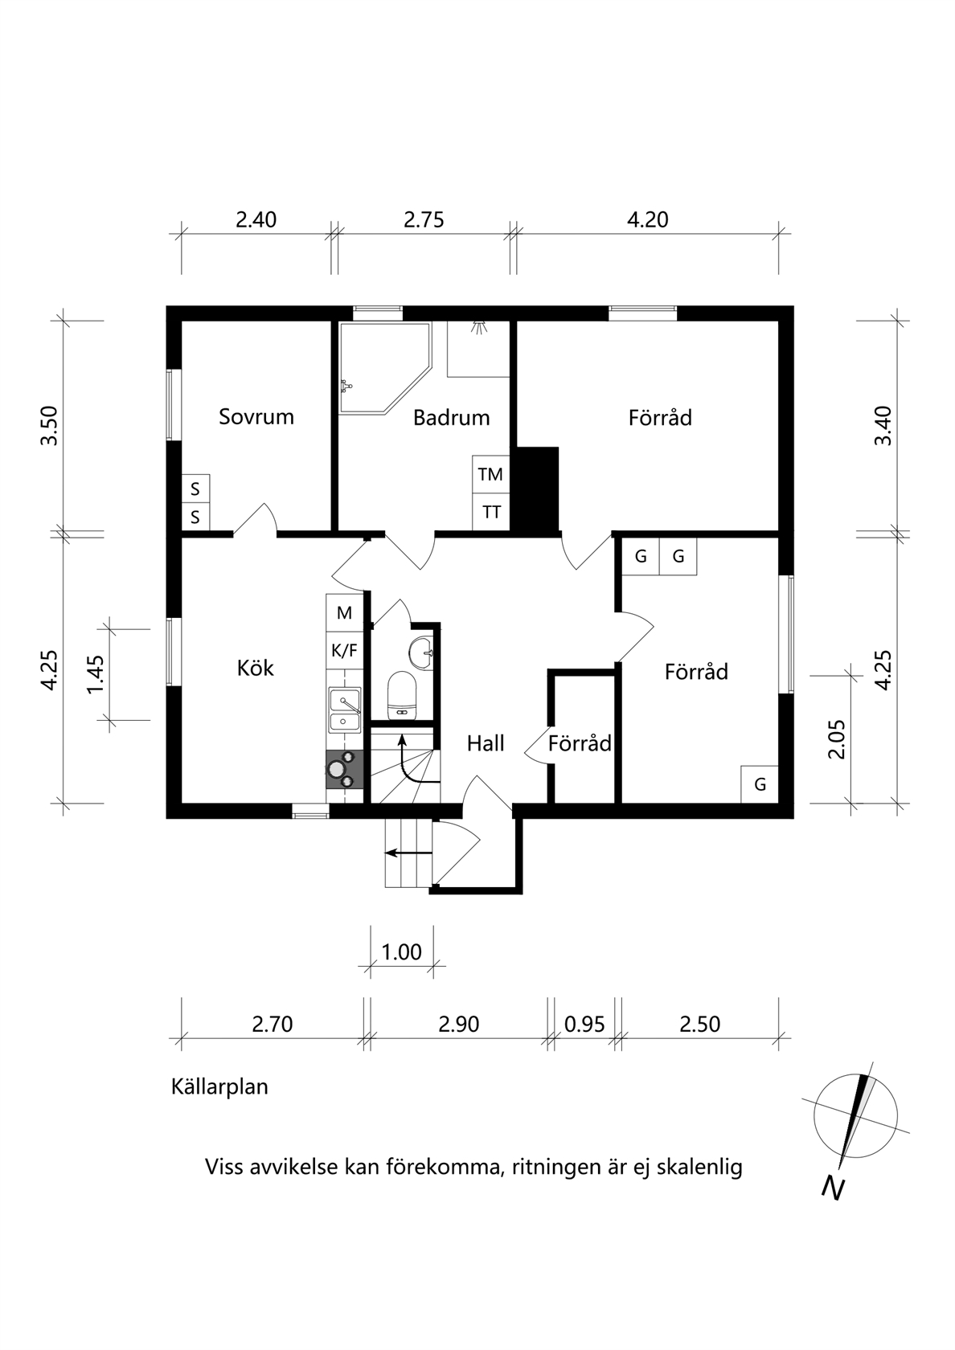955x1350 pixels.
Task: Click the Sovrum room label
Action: pyautogui.click(x=256, y=417)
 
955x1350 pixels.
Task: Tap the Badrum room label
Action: pyautogui.click(x=451, y=418)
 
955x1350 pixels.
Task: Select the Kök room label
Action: pyautogui.click(x=255, y=668)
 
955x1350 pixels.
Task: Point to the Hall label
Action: pyautogui.click(x=486, y=744)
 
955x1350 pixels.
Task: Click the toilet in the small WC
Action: pyautogui.click(x=402, y=696)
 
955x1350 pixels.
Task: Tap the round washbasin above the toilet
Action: pyautogui.click(x=421, y=653)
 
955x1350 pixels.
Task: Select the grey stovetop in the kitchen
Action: pyautogui.click(x=344, y=770)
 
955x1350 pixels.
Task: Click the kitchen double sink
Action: pyautogui.click(x=344, y=710)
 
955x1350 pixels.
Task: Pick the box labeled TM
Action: pyautogui.click(x=490, y=474)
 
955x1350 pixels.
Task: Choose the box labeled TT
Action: pyautogui.click(x=490, y=513)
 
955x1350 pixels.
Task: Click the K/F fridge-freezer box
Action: pyautogui.click(x=344, y=650)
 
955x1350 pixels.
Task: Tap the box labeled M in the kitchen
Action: pyautogui.click(x=344, y=613)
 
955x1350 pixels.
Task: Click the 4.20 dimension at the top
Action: pyautogui.click(x=648, y=220)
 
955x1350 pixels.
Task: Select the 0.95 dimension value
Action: pyautogui.click(x=584, y=1024)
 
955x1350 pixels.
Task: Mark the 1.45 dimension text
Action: pyautogui.click(x=96, y=674)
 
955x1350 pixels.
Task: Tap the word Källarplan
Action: pyautogui.click(x=219, y=1087)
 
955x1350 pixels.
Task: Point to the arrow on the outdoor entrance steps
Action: pyautogui.click(x=408, y=853)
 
